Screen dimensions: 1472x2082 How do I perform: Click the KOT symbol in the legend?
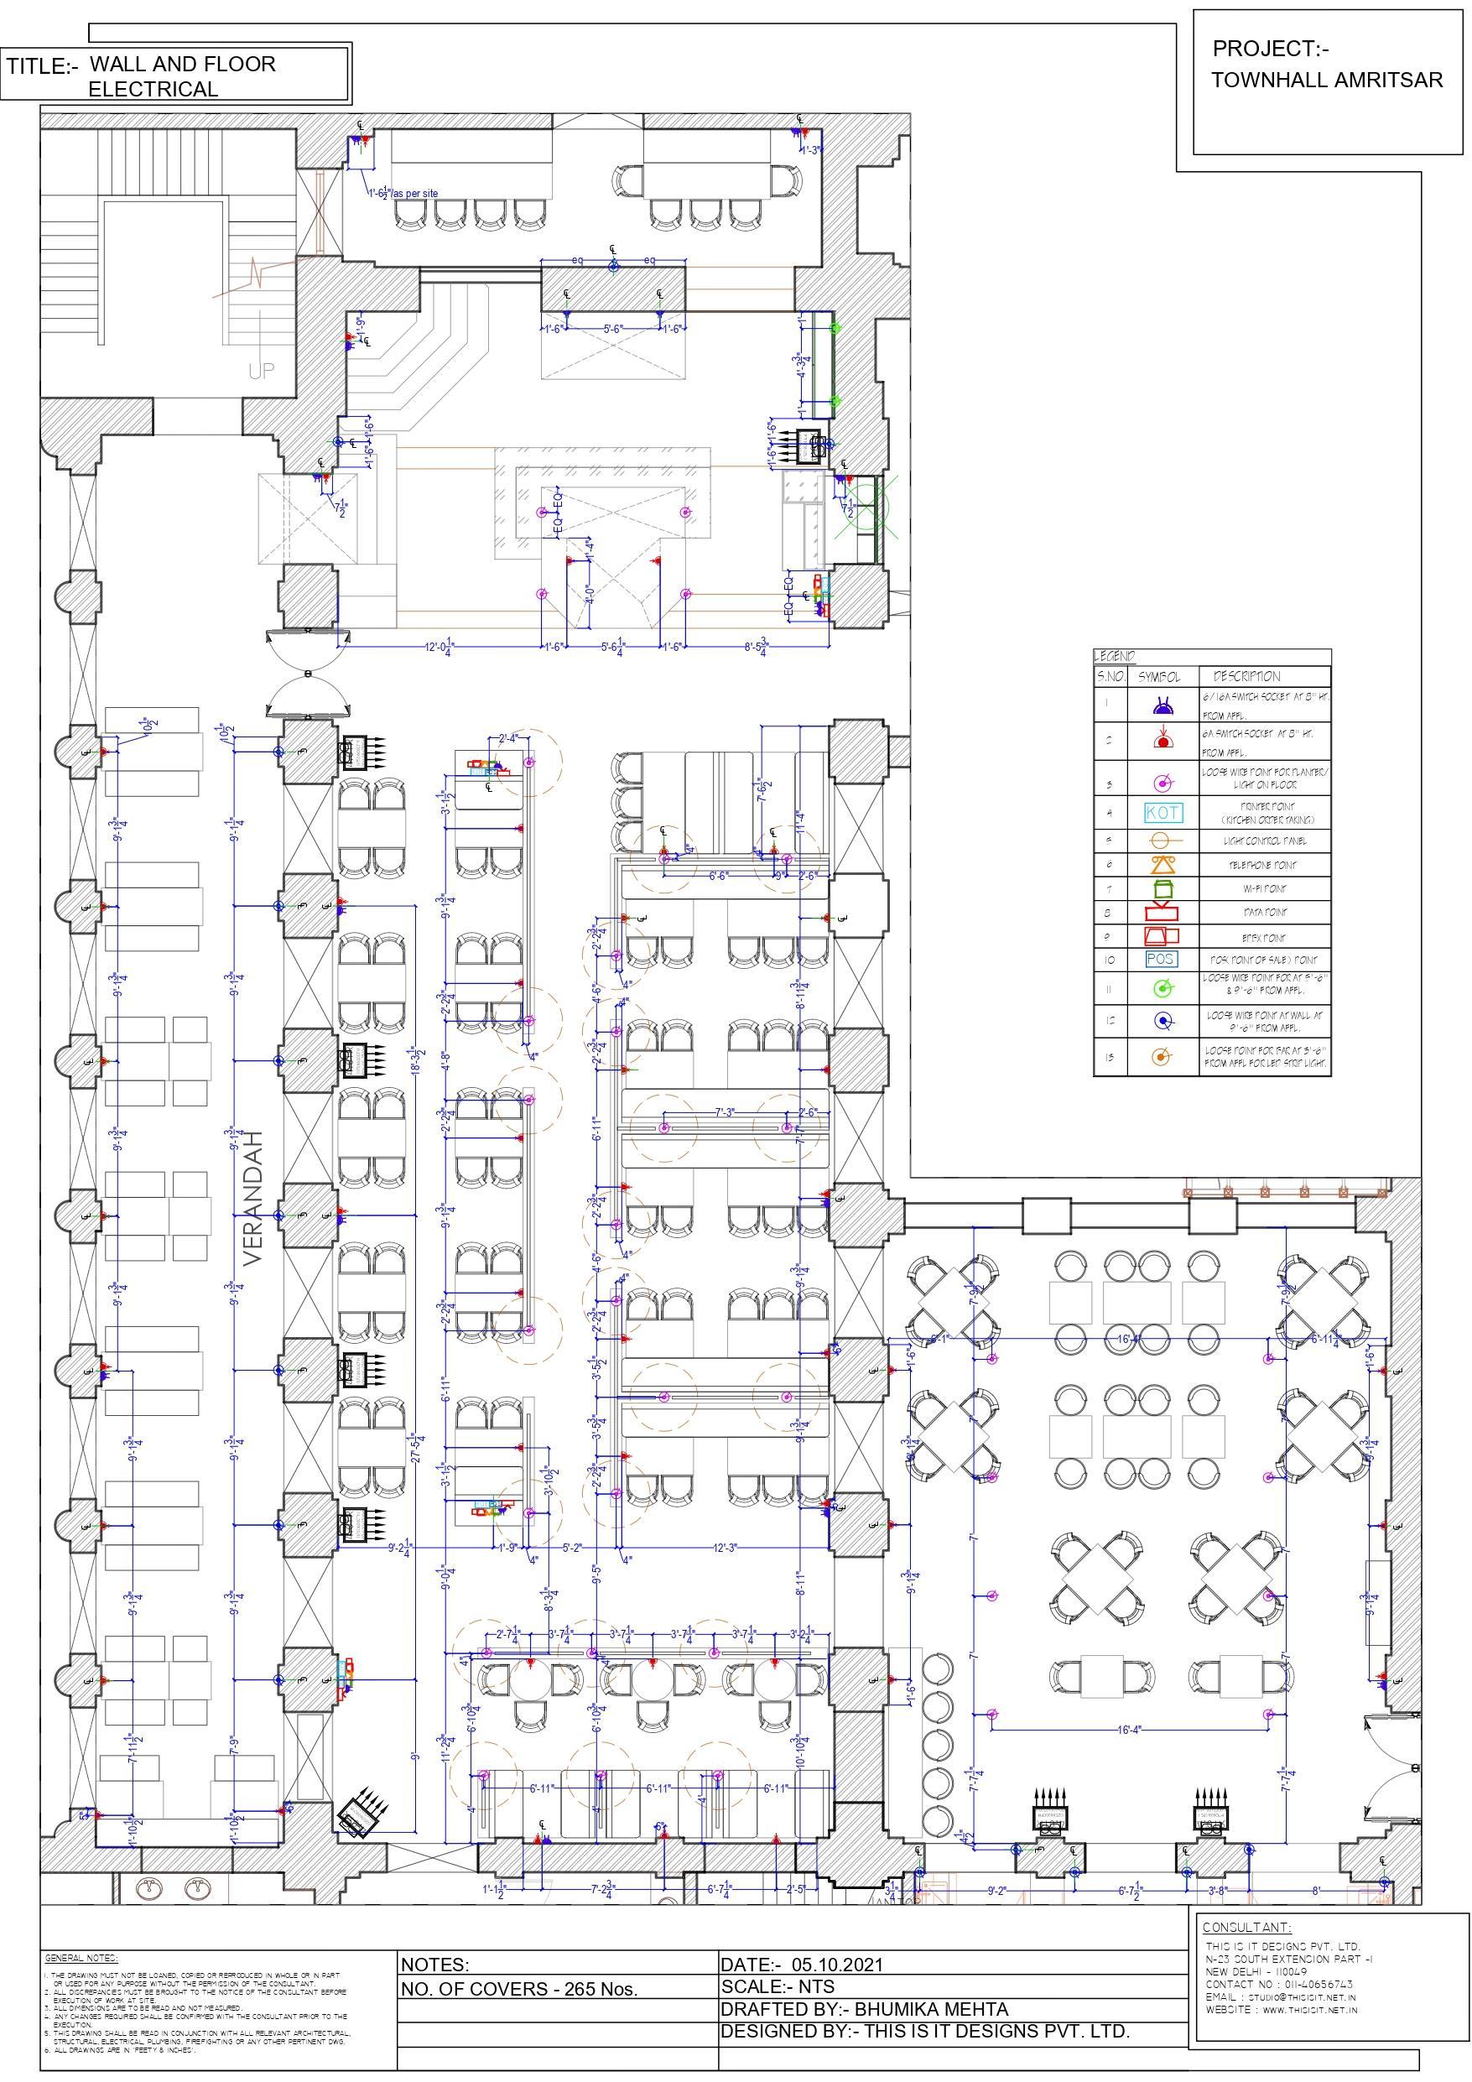[x=1163, y=812]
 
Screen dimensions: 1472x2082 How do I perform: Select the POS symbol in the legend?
[x=1161, y=959]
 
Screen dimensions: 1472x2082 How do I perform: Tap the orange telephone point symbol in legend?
[x=1163, y=864]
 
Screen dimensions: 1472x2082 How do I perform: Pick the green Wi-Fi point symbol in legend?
[x=1163, y=888]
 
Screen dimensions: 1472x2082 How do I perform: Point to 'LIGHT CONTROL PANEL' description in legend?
[x=1264, y=841]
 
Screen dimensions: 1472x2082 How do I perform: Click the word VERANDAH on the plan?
[x=253, y=1197]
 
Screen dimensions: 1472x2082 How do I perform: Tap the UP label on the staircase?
[x=261, y=371]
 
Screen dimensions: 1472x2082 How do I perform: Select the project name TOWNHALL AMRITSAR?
[x=1326, y=80]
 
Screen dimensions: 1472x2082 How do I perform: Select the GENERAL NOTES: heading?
[x=81, y=1958]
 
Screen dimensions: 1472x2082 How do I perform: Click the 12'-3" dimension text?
[x=725, y=1547]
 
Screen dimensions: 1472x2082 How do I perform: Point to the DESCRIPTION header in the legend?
[x=1246, y=676]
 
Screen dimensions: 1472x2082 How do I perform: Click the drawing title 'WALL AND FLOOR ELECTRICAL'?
[x=181, y=76]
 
